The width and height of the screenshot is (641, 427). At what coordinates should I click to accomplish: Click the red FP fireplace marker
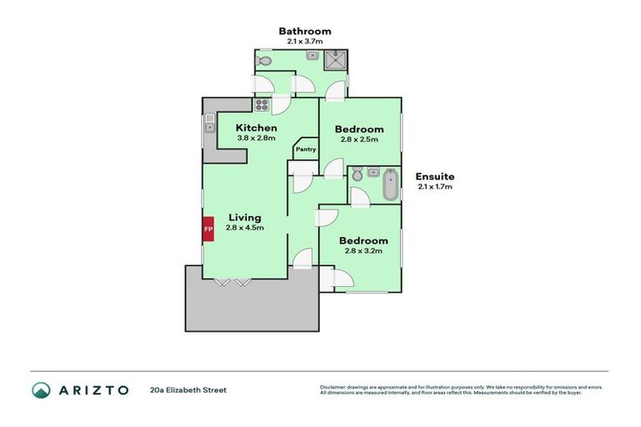click(x=209, y=229)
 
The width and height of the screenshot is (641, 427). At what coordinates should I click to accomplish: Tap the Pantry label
click(x=305, y=149)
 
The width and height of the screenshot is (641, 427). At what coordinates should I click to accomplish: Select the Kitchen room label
click(x=256, y=127)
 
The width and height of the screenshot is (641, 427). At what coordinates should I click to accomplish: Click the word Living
click(x=244, y=218)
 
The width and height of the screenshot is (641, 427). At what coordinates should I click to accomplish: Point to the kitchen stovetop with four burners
click(x=261, y=105)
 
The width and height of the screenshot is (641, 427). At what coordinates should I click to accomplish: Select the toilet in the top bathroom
click(x=263, y=61)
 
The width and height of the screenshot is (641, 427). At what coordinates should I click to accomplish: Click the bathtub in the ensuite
click(x=391, y=183)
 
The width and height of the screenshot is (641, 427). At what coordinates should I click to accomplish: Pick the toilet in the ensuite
click(x=357, y=175)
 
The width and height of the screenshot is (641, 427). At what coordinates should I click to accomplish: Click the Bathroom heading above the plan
click(x=305, y=31)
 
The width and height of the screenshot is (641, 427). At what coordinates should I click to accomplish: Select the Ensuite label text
click(x=435, y=176)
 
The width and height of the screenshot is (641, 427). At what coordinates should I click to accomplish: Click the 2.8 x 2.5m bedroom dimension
click(x=359, y=139)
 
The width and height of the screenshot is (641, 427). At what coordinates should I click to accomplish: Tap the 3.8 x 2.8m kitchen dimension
click(x=256, y=138)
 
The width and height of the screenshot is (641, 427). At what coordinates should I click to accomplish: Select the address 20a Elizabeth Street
click(x=188, y=389)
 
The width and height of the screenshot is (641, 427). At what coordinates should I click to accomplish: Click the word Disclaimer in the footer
click(x=335, y=387)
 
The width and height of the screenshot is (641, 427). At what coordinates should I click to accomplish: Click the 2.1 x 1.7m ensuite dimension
click(x=435, y=187)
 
